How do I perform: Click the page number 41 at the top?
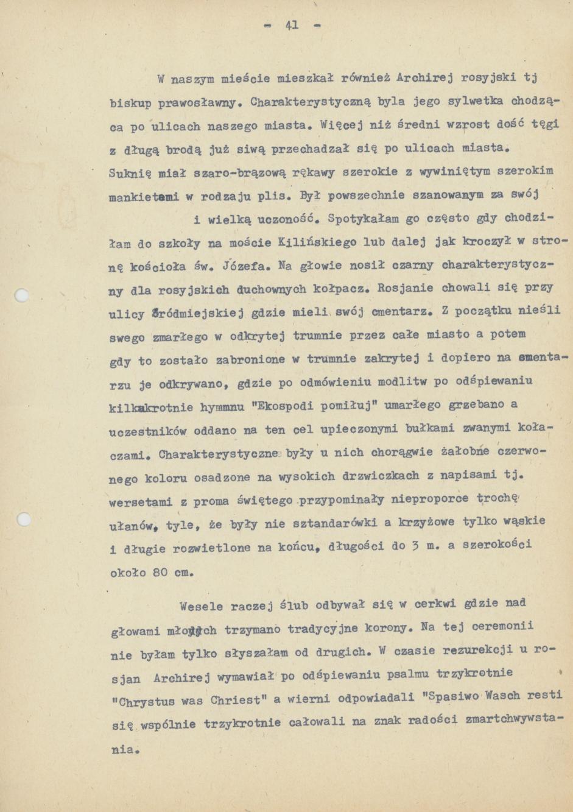pos(292,26)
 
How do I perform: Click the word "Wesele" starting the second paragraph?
pos(202,606)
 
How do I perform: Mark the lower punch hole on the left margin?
pos(23,520)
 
